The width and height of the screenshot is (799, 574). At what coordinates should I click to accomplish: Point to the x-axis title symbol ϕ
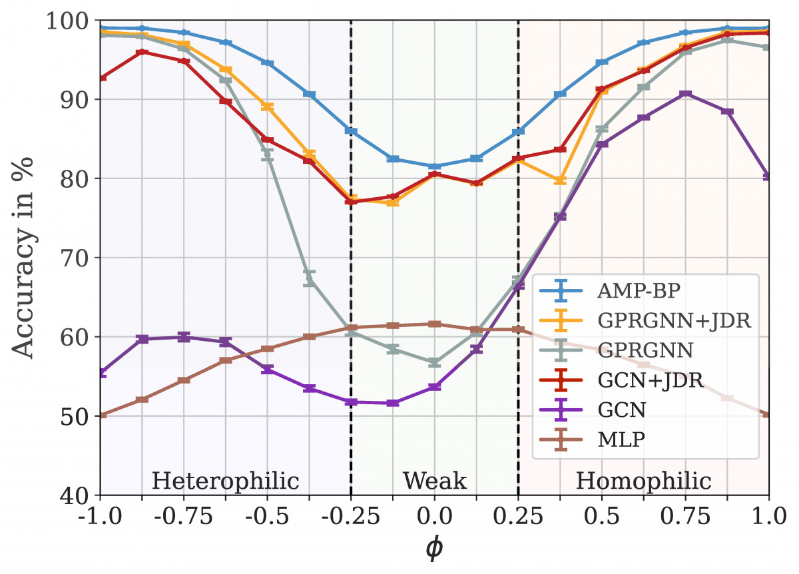point(434,549)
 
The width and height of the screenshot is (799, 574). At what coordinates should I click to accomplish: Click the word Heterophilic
point(225,480)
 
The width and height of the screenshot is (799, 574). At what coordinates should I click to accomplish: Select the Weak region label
point(434,480)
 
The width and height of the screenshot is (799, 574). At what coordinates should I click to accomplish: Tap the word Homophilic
point(643,480)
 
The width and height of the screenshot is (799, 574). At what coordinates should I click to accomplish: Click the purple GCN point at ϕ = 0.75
point(685,94)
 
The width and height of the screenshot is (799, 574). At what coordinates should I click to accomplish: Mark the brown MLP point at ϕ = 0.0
point(434,324)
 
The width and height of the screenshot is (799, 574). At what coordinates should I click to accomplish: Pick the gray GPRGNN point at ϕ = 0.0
point(434,362)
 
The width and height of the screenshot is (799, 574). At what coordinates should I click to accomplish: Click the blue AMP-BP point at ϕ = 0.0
point(434,166)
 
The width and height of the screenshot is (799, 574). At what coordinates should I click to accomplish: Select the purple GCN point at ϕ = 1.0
point(768,176)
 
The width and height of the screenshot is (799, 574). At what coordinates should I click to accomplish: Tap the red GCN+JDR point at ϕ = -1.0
point(101,78)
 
